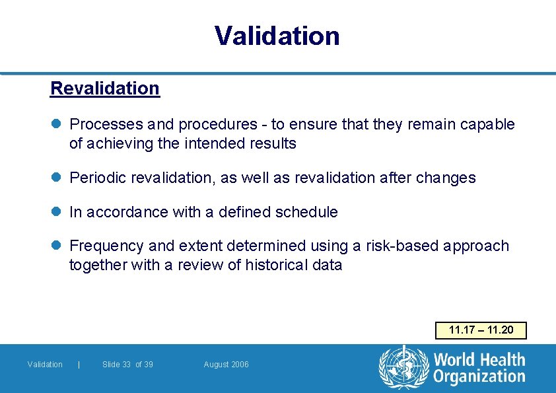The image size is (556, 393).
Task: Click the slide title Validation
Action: click(x=277, y=36)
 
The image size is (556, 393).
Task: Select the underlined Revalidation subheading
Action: click(x=105, y=89)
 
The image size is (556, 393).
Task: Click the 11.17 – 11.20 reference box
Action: click(x=481, y=330)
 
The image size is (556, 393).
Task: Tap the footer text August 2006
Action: click(x=226, y=365)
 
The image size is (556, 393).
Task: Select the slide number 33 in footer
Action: click(x=125, y=365)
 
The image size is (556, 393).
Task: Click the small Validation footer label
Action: click(x=45, y=365)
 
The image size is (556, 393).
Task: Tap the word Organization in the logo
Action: click(x=479, y=377)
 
